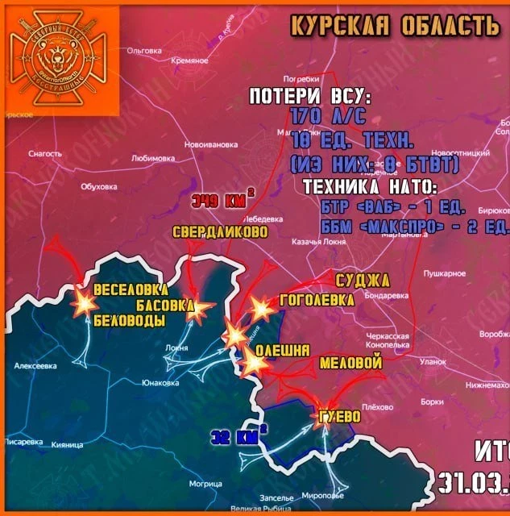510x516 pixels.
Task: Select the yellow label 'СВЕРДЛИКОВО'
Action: tap(220, 232)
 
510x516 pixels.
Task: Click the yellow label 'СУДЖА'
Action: tap(363, 281)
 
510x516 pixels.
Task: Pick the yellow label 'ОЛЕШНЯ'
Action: tap(282, 351)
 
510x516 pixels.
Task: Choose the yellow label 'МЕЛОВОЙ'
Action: tap(350, 364)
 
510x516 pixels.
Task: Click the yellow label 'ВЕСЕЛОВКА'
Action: tap(130, 290)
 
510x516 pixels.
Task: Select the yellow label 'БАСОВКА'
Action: tap(164, 306)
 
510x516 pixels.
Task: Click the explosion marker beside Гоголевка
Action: tap(260, 308)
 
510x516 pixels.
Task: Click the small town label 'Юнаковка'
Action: tap(159, 383)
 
